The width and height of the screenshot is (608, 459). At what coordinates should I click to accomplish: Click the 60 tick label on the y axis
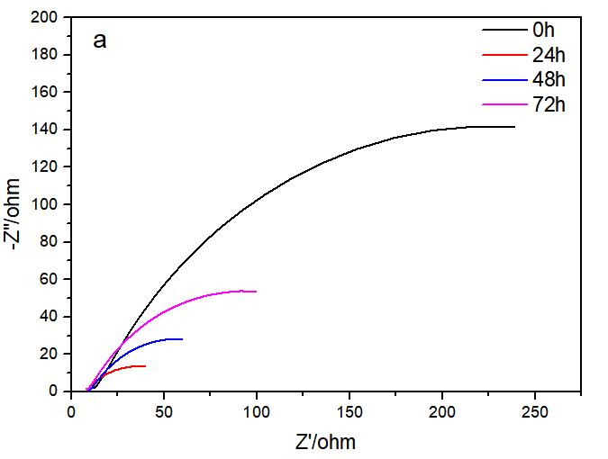50,279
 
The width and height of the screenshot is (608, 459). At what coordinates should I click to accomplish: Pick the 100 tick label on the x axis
258,410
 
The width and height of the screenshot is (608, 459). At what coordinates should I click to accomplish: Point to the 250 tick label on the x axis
535,410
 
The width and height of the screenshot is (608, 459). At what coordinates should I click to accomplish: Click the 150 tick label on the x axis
350,410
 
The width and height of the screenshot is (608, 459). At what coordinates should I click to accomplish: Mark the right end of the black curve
514,127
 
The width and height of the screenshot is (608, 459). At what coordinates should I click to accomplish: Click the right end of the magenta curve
257,292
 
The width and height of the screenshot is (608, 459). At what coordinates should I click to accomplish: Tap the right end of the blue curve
182,339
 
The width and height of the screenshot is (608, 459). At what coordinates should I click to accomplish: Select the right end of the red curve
145,366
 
